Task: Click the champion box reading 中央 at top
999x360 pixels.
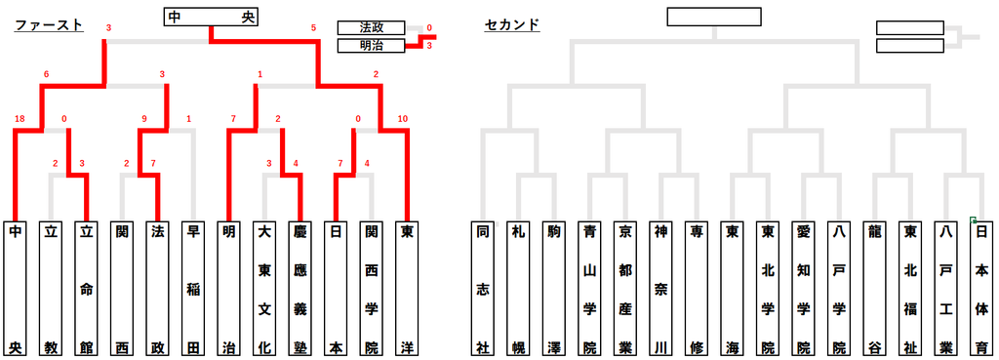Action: click(x=212, y=18)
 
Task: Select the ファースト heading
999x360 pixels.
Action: click(x=49, y=25)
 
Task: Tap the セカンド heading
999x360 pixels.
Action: click(x=512, y=25)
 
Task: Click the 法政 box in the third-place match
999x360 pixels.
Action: click(x=372, y=28)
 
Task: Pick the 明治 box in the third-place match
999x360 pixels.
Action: click(x=372, y=46)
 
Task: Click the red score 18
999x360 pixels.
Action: click(x=19, y=118)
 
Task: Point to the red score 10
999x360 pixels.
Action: click(x=402, y=118)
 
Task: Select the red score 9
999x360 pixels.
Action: click(x=145, y=118)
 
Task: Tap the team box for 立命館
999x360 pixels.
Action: click(x=86, y=289)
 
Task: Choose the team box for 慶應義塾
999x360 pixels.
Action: click(x=299, y=289)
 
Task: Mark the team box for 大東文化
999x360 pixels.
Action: click(x=263, y=289)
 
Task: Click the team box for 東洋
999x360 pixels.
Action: click(x=405, y=289)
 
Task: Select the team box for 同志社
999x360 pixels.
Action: click(x=483, y=289)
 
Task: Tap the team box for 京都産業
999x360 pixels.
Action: click(x=624, y=289)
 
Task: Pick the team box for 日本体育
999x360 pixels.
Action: click(x=980, y=289)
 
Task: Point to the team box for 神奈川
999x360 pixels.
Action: click(x=660, y=289)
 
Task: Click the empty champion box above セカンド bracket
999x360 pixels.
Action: click(x=714, y=18)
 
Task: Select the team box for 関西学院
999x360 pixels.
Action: click(x=370, y=289)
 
